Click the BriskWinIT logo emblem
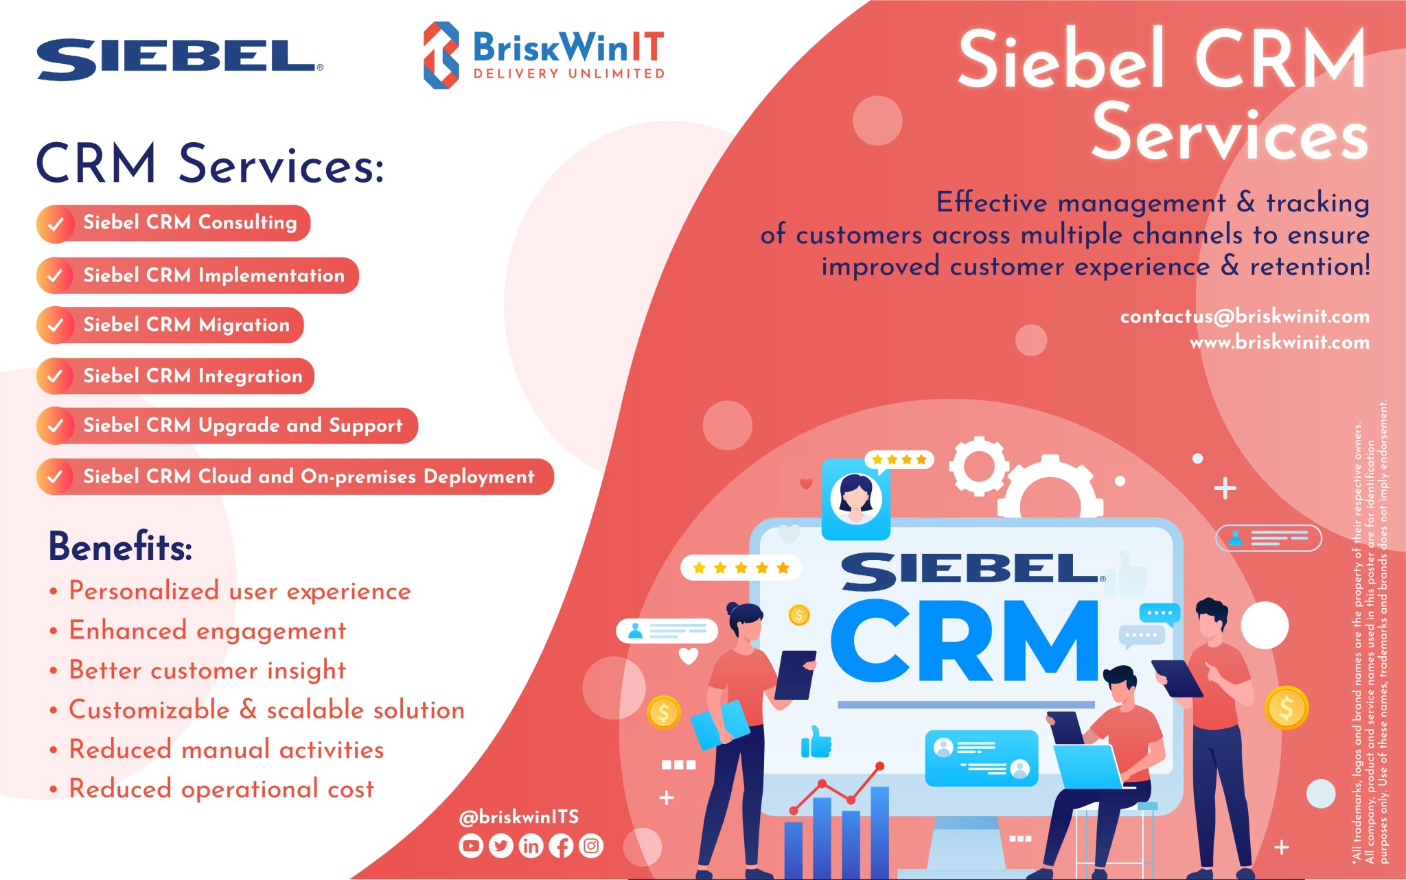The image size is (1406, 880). (x=441, y=55)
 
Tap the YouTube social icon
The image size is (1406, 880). (x=470, y=846)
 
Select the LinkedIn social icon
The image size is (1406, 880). (x=531, y=846)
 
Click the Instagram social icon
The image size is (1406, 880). (x=591, y=846)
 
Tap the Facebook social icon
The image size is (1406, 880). (x=561, y=846)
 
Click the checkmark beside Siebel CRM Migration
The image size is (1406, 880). (x=56, y=325)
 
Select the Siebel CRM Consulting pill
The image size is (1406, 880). (x=174, y=223)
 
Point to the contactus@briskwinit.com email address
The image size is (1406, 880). (x=1244, y=316)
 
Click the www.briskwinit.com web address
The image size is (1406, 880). (x=1279, y=342)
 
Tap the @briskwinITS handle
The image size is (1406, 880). (x=518, y=817)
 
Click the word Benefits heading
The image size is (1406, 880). (x=120, y=547)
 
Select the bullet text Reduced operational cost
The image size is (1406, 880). (x=221, y=789)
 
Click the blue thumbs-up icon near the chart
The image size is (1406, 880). (x=816, y=742)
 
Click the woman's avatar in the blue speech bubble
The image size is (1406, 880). (x=855, y=498)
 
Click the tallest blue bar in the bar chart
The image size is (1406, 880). (x=879, y=831)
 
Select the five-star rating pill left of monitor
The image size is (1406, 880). (x=740, y=568)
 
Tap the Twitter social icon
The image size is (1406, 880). (x=500, y=846)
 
